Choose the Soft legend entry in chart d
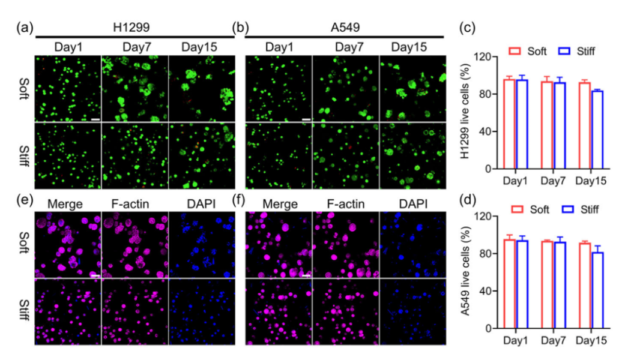[528, 209]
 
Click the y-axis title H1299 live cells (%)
[464, 114]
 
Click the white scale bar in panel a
[95, 119]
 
